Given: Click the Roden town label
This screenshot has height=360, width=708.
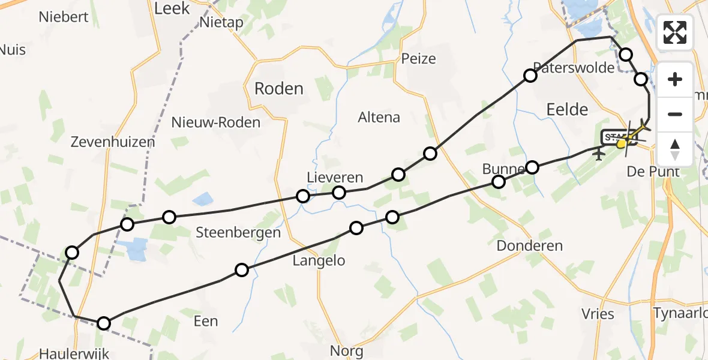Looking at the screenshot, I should [x=279, y=89].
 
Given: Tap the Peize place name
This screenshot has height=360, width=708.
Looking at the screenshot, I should [x=418, y=59].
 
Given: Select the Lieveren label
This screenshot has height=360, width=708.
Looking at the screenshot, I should [x=335, y=178].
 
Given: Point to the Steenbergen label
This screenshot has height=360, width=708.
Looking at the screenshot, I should [x=238, y=233].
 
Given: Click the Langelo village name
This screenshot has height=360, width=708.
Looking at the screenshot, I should [x=319, y=260].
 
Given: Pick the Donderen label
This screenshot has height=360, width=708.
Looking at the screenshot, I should [x=530, y=245].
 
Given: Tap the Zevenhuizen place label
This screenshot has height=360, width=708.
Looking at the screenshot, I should [x=113, y=142].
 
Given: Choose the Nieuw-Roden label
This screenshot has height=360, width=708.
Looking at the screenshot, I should [x=216, y=123].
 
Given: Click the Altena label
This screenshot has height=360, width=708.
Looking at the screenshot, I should [x=379, y=117].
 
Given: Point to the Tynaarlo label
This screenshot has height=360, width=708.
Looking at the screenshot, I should [x=680, y=313].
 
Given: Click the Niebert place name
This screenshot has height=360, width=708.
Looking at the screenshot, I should [x=64, y=17].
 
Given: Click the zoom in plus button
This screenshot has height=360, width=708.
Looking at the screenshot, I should [x=675, y=79].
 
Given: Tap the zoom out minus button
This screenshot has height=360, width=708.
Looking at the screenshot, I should [x=675, y=114].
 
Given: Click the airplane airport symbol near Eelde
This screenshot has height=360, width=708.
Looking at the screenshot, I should [x=598, y=155].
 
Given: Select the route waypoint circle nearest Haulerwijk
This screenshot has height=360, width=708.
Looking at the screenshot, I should [x=104, y=323].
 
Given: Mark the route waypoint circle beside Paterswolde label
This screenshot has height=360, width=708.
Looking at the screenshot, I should [x=530, y=76].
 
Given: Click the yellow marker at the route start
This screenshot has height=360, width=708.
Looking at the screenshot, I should [x=622, y=143].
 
